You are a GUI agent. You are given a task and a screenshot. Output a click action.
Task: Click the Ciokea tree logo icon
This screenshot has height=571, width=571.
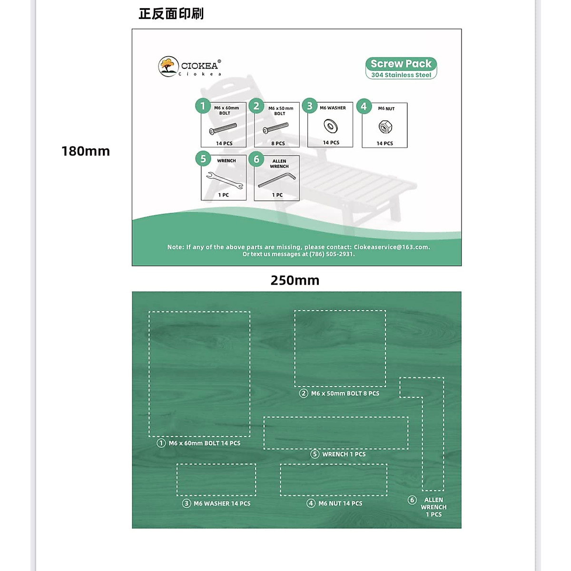(x=168, y=67)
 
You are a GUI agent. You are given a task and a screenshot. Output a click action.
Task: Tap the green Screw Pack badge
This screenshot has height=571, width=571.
(x=401, y=68)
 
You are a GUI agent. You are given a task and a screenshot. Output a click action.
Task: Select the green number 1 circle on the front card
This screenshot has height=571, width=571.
(x=203, y=106)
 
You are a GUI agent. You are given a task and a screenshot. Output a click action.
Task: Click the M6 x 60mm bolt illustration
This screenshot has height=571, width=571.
(x=223, y=128)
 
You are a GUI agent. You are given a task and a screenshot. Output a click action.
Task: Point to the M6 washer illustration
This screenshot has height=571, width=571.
(x=330, y=126)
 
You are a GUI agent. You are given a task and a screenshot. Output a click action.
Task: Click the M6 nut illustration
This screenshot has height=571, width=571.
(x=385, y=127)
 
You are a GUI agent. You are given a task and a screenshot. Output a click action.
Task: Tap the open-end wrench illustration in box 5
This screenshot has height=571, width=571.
(x=225, y=180)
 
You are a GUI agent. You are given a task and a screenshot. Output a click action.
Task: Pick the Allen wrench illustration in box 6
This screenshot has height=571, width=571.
(x=277, y=180)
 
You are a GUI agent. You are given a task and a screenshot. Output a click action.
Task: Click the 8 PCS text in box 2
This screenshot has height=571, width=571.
(x=278, y=143)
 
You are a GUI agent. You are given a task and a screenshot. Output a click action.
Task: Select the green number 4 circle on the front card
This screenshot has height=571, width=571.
(x=364, y=106)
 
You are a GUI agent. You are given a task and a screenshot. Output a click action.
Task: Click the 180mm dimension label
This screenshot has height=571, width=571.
(x=86, y=151)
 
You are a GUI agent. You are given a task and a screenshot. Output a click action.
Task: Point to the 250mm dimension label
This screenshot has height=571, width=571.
(x=295, y=280)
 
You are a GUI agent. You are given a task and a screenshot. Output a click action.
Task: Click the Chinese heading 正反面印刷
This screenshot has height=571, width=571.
(x=171, y=14)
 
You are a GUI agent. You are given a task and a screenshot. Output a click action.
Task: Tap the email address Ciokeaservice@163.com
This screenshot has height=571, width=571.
(x=391, y=247)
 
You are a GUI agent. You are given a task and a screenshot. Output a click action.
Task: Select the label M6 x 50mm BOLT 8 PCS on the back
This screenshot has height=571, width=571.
(x=345, y=394)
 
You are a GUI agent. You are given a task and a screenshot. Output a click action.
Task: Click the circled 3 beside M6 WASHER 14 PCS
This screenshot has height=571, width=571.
(x=187, y=503)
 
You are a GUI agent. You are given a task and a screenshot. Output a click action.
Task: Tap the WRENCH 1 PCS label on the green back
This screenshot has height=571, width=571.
(x=344, y=454)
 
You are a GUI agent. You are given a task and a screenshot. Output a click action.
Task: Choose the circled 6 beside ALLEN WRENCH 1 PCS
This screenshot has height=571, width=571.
(x=412, y=500)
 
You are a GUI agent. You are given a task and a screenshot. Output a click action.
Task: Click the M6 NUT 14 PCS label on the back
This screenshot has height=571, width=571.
(x=340, y=503)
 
